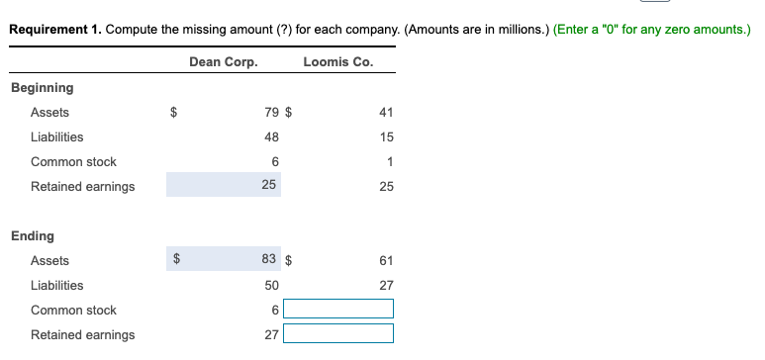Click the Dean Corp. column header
click(223, 61)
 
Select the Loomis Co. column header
click(338, 61)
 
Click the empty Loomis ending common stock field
click(338, 310)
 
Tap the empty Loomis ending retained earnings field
click(338, 334)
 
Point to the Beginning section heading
click(42, 88)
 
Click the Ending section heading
click(33, 236)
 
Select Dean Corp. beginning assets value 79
click(272, 113)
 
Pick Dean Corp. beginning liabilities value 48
click(272, 137)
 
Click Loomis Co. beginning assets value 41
click(386, 113)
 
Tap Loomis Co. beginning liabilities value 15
click(386, 137)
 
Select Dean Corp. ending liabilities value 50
click(272, 285)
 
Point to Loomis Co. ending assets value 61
click(386, 261)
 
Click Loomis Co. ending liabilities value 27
click(386, 286)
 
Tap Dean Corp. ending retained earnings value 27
click(272, 334)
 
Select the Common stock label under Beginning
click(73, 162)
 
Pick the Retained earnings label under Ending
click(82, 335)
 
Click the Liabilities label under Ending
click(56, 286)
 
